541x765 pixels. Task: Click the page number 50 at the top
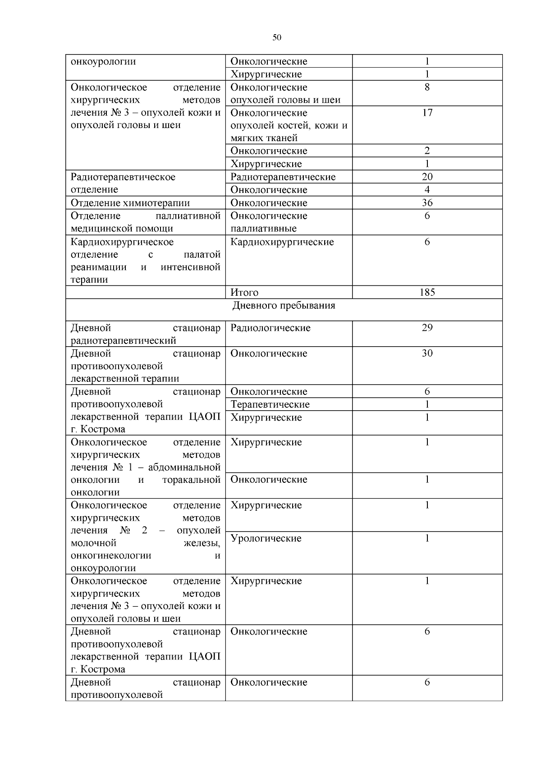[x=277, y=37]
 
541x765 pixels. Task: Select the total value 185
[x=427, y=292]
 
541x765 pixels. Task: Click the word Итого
[x=244, y=293]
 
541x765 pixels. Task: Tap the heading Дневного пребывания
[x=284, y=306]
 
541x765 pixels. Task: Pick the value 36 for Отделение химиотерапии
[x=427, y=203]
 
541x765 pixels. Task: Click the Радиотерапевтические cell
[x=283, y=177]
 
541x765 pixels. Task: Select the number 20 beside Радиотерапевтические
[x=427, y=177]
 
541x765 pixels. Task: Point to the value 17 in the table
[x=427, y=113]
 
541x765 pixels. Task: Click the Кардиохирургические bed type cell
[x=282, y=242]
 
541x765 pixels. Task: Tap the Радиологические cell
[x=270, y=328]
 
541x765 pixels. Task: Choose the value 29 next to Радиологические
[x=427, y=328]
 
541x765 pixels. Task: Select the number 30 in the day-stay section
[x=427, y=353]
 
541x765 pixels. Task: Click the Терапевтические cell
[x=270, y=404]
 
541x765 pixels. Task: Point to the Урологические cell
[x=266, y=538]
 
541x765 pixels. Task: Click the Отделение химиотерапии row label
[x=130, y=203]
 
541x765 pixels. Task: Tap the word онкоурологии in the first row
[x=103, y=61]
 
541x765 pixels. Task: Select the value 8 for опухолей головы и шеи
[x=427, y=87]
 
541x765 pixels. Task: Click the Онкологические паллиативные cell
[x=269, y=222]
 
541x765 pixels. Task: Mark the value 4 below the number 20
[x=427, y=190]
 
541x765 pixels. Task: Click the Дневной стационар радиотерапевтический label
[x=146, y=334]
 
